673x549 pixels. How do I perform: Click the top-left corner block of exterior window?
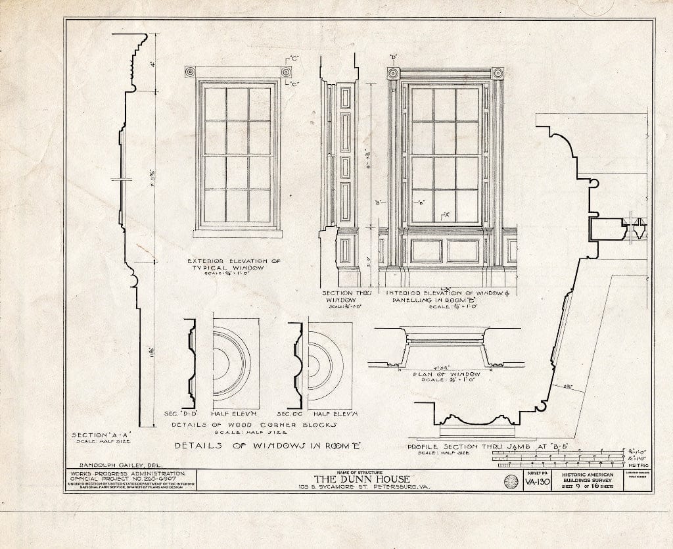(x=190, y=72)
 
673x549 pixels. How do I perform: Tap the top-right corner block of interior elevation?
(x=498, y=72)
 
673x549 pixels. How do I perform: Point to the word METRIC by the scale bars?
(x=638, y=465)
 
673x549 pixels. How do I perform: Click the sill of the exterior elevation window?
(x=238, y=233)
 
